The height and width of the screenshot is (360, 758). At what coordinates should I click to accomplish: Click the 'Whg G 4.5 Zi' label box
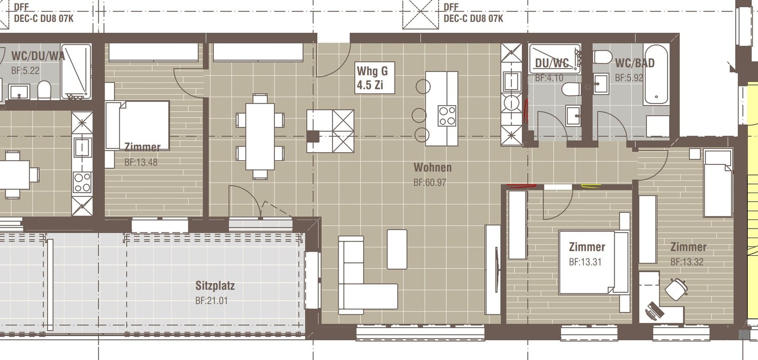(374, 78)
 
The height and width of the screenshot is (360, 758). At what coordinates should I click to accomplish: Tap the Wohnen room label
(432, 167)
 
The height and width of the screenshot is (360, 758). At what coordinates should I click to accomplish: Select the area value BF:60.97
(430, 183)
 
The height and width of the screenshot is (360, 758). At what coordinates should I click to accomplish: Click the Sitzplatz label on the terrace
(215, 286)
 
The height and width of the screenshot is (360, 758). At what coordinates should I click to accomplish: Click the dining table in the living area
(260, 136)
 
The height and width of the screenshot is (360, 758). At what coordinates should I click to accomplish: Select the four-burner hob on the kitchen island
(447, 115)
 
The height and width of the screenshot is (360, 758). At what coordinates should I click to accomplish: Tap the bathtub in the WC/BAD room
(656, 74)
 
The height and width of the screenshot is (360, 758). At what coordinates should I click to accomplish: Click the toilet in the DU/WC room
(570, 89)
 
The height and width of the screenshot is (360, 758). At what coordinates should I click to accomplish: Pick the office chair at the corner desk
(676, 289)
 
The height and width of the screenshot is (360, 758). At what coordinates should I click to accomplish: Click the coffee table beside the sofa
(397, 249)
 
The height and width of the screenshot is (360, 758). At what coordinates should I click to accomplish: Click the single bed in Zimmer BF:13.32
(718, 183)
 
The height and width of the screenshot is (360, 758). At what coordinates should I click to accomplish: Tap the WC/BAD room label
(634, 63)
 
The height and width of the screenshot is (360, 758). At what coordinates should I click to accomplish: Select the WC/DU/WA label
(38, 56)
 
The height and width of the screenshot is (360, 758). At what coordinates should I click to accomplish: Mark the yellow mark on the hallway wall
(591, 185)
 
